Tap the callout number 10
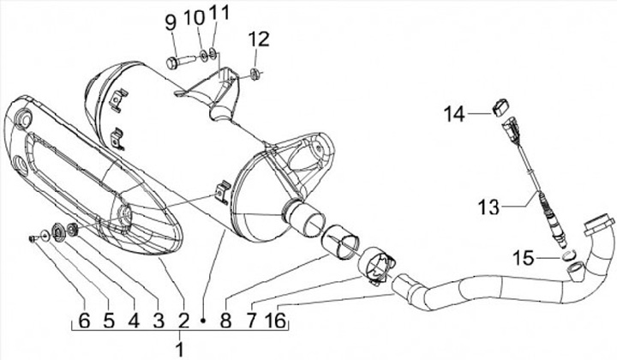click(194, 18)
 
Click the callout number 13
click(488, 207)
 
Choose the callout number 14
click(454, 112)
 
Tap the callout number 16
click(275, 321)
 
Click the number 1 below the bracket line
click(179, 347)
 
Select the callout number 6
click(83, 321)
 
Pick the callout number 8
click(226, 321)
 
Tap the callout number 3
click(157, 321)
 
